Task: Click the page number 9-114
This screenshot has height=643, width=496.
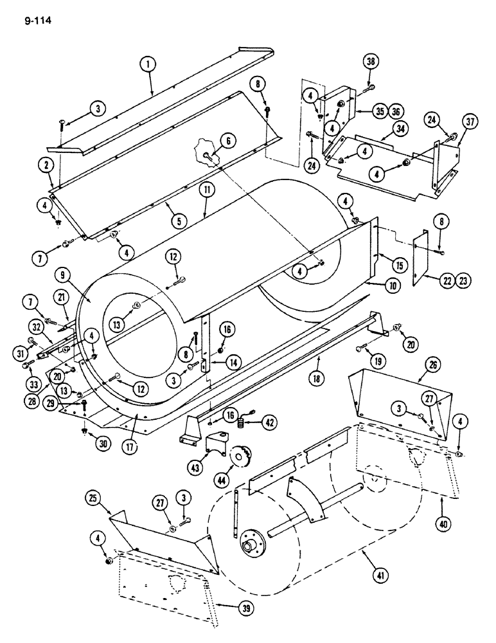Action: coord(37,20)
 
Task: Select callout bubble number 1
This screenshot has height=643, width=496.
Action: coord(148,64)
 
